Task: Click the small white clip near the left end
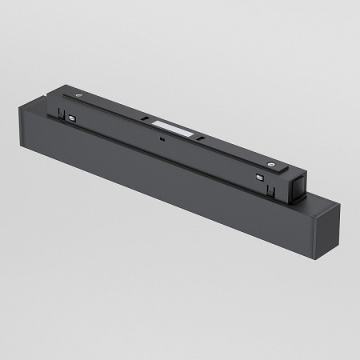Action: pos(73,118)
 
